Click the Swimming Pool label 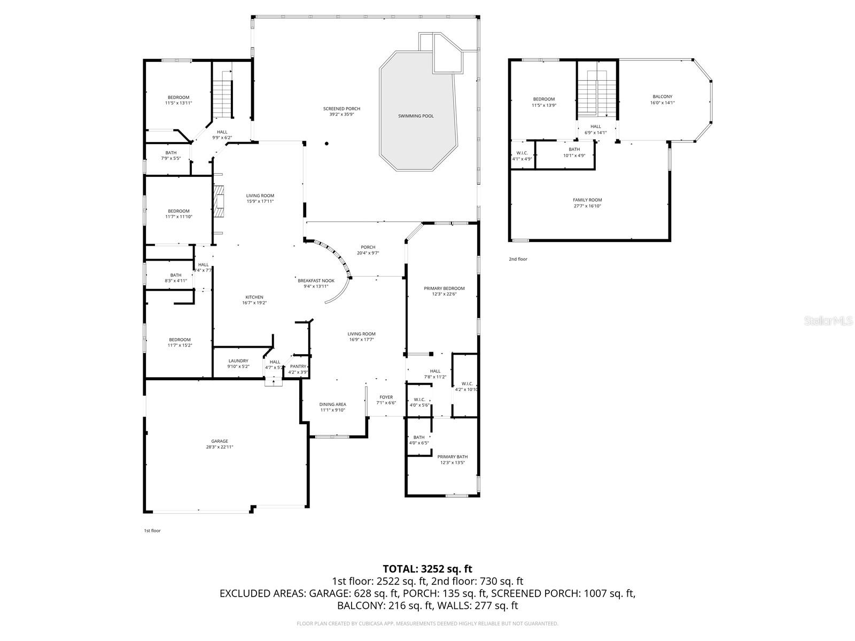[x=416, y=116]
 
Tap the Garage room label [x=219, y=441]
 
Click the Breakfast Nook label [x=316, y=280]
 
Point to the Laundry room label [x=238, y=361]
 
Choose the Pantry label [x=298, y=366]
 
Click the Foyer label [x=386, y=397]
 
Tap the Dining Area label [x=333, y=404]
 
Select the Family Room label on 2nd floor [x=587, y=200]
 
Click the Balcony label [x=662, y=97]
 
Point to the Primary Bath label [x=452, y=457]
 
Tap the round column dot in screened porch [x=327, y=143]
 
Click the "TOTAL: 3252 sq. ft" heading [x=428, y=569]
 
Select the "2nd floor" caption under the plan [x=518, y=259]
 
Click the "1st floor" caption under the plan [x=152, y=530]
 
